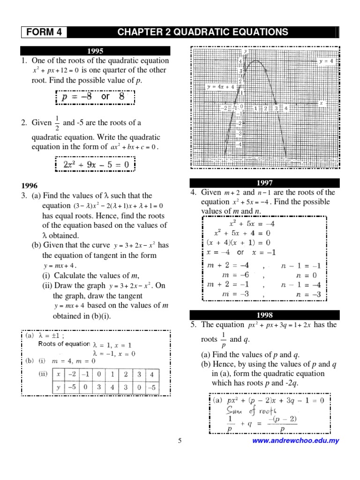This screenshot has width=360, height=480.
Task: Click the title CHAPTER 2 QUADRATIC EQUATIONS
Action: pos(202,32)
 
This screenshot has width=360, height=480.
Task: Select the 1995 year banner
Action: pos(95,51)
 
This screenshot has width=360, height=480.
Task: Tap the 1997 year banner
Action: pos(264,183)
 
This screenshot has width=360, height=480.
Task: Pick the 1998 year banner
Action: pos(264,315)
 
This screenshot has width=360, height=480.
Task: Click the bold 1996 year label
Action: pos(29,186)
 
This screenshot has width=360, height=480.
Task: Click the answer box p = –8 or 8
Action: pos(95,97)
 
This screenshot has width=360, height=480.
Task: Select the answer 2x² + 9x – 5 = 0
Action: pos(95,165)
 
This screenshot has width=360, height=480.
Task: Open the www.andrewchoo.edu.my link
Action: pos(295,441)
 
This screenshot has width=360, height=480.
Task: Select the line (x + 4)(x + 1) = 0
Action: pos(239,242)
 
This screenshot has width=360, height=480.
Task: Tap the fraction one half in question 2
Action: pos(57,123)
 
